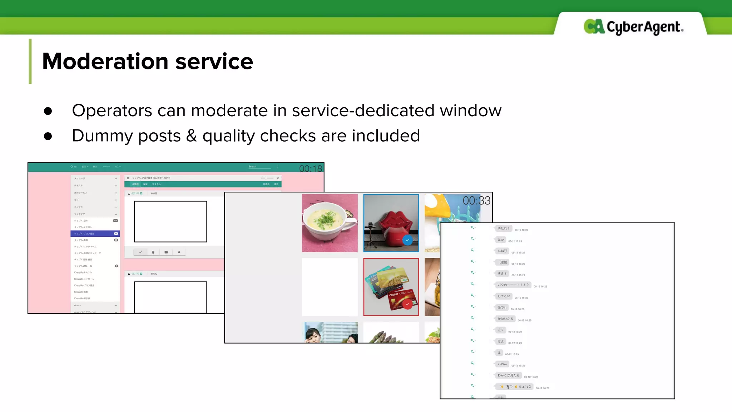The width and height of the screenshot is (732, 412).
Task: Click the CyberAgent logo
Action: (x=633, y=27)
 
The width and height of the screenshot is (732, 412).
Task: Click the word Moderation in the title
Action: (x=105, y=61)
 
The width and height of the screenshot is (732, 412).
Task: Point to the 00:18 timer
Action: (x=310, y=168)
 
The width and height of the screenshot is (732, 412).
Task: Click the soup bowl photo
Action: (x=330, y=223)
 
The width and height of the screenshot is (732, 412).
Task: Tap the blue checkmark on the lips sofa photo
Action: (x=407, y=240)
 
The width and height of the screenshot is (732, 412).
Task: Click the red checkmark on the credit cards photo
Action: (x=407, y=304)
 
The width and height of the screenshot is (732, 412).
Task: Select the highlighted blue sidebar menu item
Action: (x=95, y=234)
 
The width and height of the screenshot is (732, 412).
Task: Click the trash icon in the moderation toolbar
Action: (x=153, y=252)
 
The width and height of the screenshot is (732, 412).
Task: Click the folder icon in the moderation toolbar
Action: (x=166, y=252)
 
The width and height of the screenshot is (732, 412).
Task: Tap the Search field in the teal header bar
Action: (x=259, y=167)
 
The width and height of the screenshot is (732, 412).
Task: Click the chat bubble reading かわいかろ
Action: (x=505, y=319)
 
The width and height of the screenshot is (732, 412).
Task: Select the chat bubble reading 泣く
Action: (x=500, y=330)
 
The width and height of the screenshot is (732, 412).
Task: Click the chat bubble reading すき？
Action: (x=502, y=274)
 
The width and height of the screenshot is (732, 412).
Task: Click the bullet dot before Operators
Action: (x=48, y=111)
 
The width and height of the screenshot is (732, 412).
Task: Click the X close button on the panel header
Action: (x=278, y=178)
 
